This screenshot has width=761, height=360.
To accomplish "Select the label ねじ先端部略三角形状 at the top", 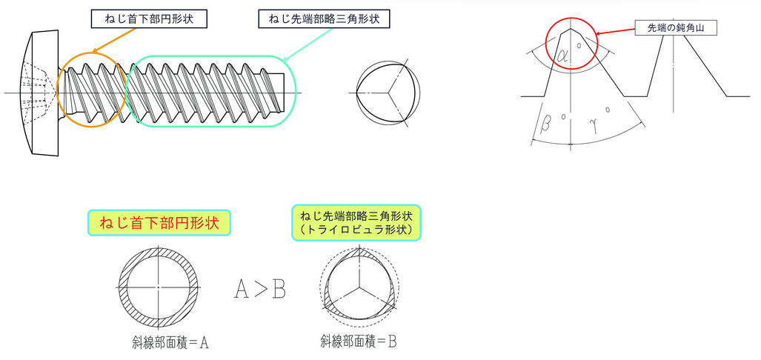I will [323, 19].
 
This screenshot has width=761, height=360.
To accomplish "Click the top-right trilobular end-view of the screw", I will [388, 93].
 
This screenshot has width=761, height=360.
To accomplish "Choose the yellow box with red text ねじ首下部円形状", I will [159, 222].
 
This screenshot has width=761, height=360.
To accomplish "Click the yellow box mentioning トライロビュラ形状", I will [356, 222].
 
